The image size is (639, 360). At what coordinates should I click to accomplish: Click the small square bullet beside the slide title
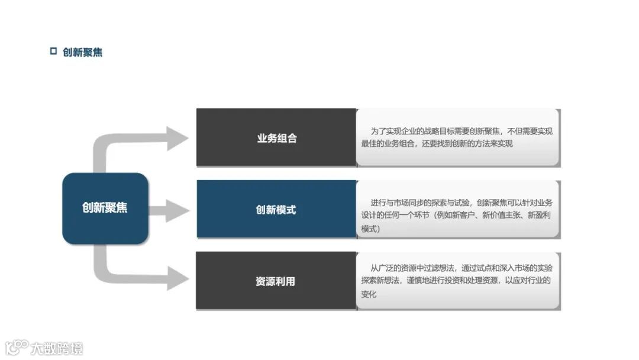coord(53,51)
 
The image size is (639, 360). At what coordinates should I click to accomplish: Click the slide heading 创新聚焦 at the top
coord(82,52)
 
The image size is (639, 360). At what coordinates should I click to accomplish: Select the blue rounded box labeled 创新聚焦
coord(105,208)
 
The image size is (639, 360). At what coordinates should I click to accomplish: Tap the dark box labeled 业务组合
coord(276,138)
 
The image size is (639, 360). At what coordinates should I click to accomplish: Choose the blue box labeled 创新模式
coord(276,210)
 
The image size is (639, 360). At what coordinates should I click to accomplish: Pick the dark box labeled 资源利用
coord(276,281)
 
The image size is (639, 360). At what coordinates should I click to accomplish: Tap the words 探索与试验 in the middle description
coord(453,202)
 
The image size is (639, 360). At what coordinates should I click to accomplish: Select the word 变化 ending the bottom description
coord(369,294)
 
